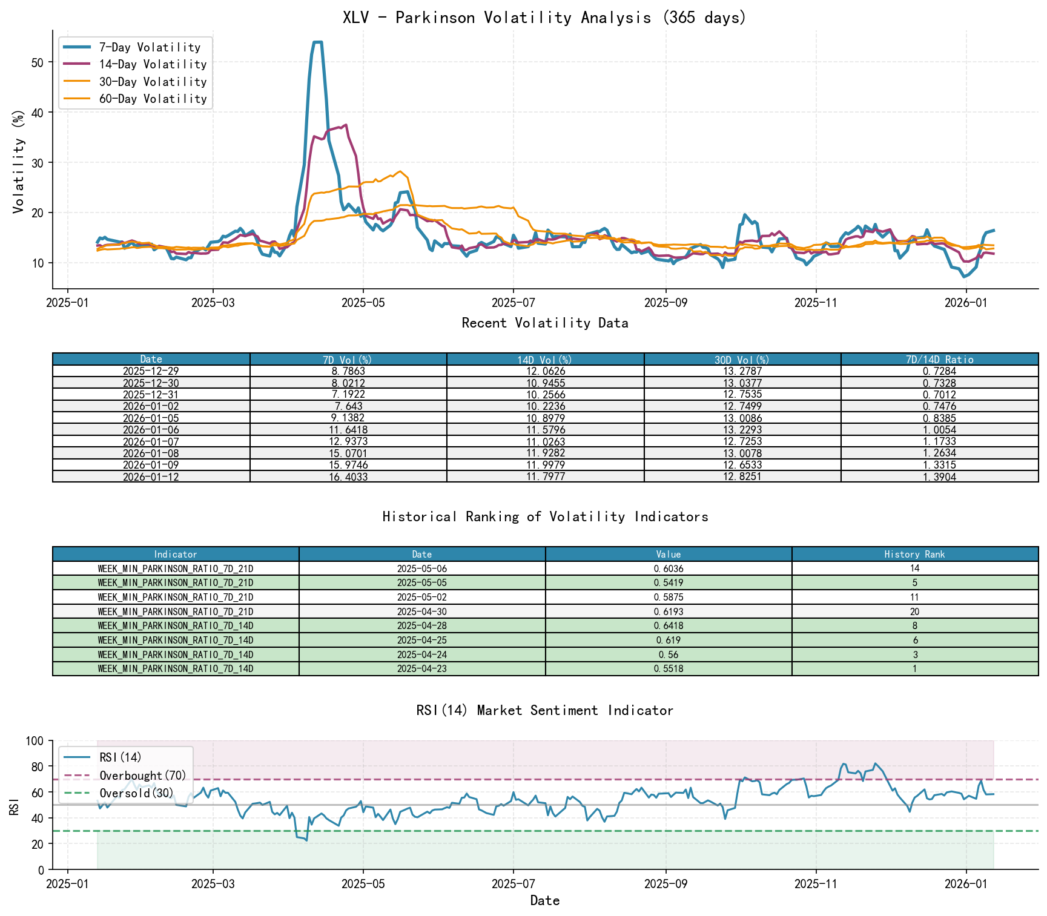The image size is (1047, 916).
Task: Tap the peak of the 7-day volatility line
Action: click(x=317, y=42)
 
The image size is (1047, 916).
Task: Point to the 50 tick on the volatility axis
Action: click(x=38, y=62)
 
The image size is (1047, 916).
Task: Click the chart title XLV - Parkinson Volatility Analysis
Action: click(x=544, y=18)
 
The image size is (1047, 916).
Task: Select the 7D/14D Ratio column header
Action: click(x=939, y=360)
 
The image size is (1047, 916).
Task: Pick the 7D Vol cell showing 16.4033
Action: click(x=348, y=477)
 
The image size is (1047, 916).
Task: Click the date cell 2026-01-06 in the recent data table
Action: click(x=151, y=430)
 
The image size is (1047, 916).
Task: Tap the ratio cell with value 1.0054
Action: click(x=939, y=430)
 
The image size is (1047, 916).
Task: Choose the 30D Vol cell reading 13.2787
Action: click(x=742, y=371)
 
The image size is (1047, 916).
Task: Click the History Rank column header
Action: click(x=914, y=554)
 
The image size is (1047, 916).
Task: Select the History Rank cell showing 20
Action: click(x=914, y=611)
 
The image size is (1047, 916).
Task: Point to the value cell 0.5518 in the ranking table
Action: click(x=669, y=669)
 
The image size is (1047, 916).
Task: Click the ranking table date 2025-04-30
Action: click(x=422, y=611)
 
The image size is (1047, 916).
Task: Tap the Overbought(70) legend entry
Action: click(x=143, y=776)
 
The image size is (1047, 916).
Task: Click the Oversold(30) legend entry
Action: click(x=136, y=793)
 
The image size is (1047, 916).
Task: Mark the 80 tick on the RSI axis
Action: click(x=38, y=766)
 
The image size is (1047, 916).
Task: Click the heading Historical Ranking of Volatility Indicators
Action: click(x=545, y=516)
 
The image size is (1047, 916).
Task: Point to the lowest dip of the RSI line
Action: click(x=306, y=840)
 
